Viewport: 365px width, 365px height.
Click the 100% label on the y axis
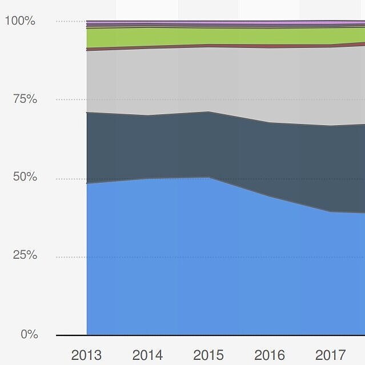(20, 21)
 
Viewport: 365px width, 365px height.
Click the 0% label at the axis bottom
(29, 334)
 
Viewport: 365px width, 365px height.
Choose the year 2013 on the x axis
(86, 355)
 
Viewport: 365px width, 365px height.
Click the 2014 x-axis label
(147, 355)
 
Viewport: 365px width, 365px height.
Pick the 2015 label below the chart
(208, 355)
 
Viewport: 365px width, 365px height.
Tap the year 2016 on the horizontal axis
(270, 355)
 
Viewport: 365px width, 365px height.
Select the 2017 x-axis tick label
(331, 355)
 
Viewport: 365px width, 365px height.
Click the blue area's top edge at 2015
(209, 178)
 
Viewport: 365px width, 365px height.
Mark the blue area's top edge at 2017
(331, 212)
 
